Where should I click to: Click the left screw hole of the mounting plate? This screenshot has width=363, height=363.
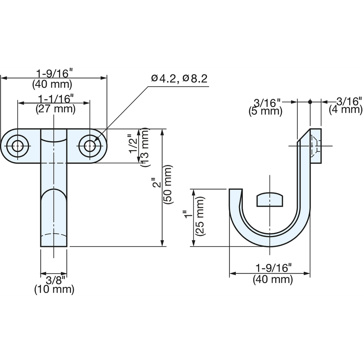18,146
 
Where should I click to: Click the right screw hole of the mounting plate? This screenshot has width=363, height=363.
90,146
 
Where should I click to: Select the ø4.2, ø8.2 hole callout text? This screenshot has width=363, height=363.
179,79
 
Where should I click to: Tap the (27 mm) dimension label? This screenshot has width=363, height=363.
56,109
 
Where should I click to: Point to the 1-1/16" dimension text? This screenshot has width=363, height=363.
56,99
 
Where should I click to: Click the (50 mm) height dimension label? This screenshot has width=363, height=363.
167,185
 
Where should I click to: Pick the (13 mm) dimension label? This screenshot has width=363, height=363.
145,147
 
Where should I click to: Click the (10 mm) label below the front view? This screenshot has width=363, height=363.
54,290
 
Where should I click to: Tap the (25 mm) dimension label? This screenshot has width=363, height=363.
200,216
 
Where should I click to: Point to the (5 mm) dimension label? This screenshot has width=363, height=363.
265,111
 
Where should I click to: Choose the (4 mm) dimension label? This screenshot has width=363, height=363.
345,110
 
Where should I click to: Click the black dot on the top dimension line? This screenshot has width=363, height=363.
310,102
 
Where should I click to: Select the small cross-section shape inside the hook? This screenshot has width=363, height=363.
270,199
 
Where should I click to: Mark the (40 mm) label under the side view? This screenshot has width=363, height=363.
273,280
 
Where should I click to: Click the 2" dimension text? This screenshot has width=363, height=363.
157,184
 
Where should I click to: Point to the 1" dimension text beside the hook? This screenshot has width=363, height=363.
188,215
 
